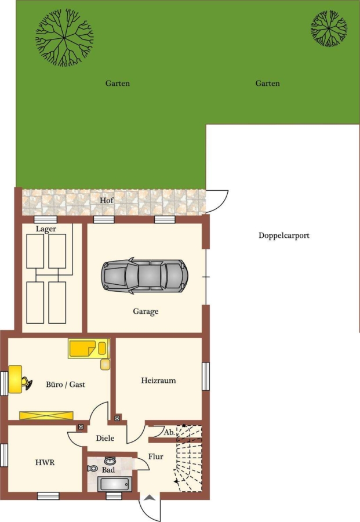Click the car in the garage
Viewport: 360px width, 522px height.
click(145, 275)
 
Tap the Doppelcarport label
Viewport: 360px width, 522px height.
click(284, 235)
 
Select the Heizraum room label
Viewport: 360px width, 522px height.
click(158, 380)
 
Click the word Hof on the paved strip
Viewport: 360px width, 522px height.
click(107, 201)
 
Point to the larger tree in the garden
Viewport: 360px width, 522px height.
click(64, 38)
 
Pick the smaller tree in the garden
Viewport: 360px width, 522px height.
click(329, 28)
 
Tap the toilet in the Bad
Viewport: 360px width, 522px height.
click(93, 469)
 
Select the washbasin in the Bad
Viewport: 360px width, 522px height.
click(110, 461)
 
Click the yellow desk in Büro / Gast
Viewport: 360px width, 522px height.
click(15, 379)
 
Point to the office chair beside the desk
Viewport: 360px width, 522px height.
click(27, 383)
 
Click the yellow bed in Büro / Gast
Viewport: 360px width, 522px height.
click(89, 349)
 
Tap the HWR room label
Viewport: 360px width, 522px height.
click(45, 462)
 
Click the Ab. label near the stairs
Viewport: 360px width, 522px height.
click(169, 433)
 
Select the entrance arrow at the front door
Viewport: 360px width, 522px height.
click(150, 498)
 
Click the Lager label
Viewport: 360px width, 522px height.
click(46, 229)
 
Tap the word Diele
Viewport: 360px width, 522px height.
click(105, 438)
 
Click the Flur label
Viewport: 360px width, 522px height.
click(156, 456)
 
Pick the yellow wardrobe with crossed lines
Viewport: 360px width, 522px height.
click(46, 415)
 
